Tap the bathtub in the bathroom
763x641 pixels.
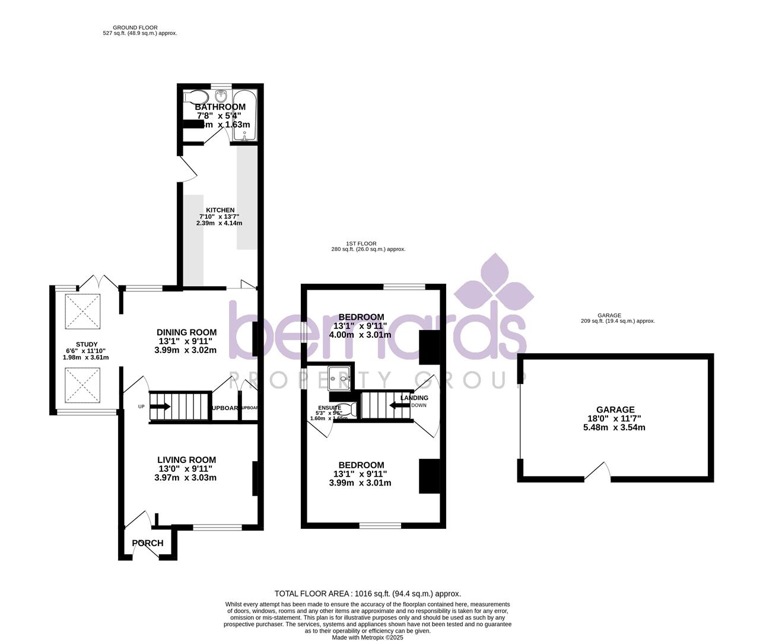coord(244,116)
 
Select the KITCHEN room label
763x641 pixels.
coord(220,210)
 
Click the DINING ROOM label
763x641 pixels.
coord(186,332)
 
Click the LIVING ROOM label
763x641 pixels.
coord(186,459)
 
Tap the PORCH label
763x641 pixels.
coord(148,543)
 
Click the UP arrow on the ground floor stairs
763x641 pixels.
coord(160,407)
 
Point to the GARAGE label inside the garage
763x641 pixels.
coord(615,410)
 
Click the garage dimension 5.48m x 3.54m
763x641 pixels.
coord(615,427)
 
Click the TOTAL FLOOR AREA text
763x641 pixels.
coord(367,594)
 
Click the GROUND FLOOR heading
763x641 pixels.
coord(139,27)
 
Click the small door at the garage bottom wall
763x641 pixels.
coord(599,472)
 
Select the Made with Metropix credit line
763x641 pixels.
coord(367,637)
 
